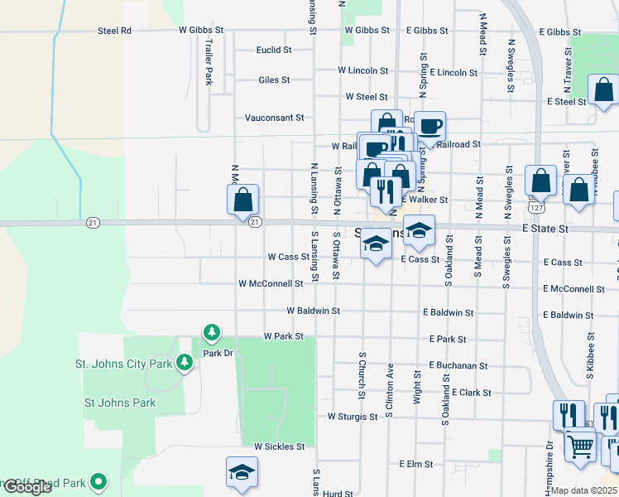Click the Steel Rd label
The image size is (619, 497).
pos(114,31)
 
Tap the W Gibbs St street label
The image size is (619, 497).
pos(204,30)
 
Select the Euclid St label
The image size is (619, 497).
pos(274,50)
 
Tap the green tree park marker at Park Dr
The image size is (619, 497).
pos(212,333)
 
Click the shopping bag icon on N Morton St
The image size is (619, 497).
pos(243,200)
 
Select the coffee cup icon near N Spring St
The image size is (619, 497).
pos(429,127)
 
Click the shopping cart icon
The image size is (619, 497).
pos(580,445)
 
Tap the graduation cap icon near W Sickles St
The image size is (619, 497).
pos(242,472)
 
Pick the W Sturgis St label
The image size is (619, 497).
pos(353,416)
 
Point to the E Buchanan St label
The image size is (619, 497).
pos(458,365)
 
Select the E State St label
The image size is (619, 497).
pos(545,228)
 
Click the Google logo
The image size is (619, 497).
pos(27,487)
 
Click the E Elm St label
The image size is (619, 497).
pos(416,464)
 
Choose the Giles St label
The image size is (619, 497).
pos(274,80)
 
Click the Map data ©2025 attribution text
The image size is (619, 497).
pos(584,490)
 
